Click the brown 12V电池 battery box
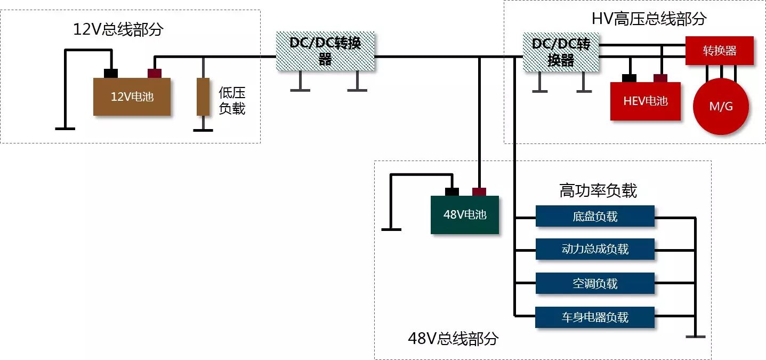pyautogui.click(x=132, y=97)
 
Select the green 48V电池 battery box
pyautogui.click(x=465, y=215)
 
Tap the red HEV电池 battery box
pyautogui.click(x=645, y=101)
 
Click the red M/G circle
pyautogui.click(x=721, y=106)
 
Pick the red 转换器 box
pyautogui.click(x=719, y=51)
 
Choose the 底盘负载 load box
pyautogui.click(x=595, y=217)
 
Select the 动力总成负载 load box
pyautogui.click(x=595, y=249)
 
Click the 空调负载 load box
pyautogui.click(x=595, y=283)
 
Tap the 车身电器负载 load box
pyautogui.click(x=595, y=317)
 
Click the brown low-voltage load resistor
pyautogui.click(x=203, y=97)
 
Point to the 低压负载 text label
pyautogui.click(x=232, y=100)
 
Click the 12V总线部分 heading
pyautogui.click(x=118, y=30)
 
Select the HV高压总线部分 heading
pyautogui.click(x=649, y=19)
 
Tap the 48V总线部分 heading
pyautogui.click(x=453, y=339)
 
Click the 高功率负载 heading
pyautogui.click(x=598, y=190)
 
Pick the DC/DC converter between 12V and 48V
pyautogui.click(x=325, y=51)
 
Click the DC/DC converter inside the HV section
pyautogui.click(x=561, y=52)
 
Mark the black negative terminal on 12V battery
pyautogui.click(x=111, y=73)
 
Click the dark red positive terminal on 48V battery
pyautogui.click(x=479, y=191)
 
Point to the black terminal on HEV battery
pyautogui.click(x=630, y=78)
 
